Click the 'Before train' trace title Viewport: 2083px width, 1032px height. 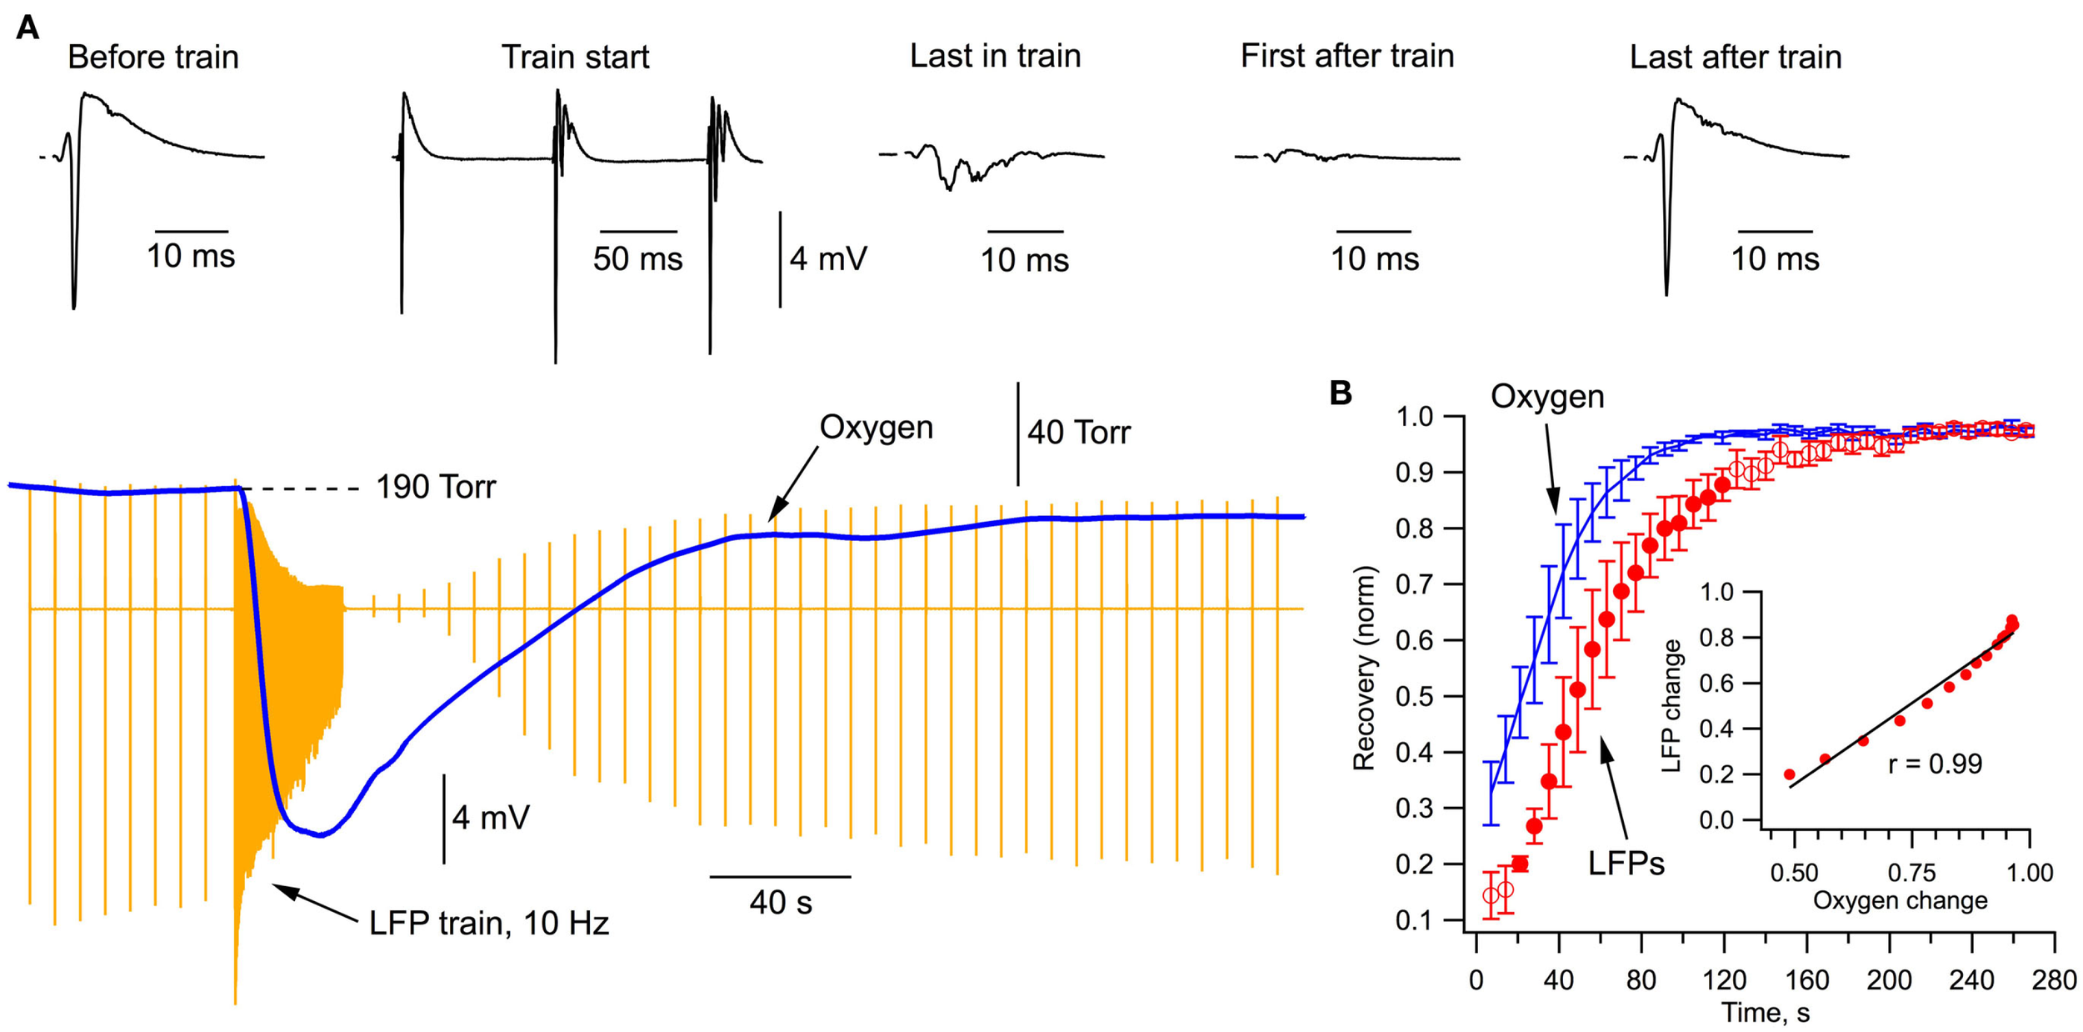point(153,58)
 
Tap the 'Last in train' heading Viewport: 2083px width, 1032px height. point(995,57)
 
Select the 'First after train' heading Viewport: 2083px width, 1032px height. point(1346,57)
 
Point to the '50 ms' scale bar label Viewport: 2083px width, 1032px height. point(637,259)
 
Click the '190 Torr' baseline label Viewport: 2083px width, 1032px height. point(435,488)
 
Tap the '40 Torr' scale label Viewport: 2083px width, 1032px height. point(1078,433)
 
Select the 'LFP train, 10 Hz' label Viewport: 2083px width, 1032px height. point(489,924)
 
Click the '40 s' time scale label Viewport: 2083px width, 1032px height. point(780,903)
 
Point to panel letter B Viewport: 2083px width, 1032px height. point(1341,393)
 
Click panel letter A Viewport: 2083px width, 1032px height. point(27,28)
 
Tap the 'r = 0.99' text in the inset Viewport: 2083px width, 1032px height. point(1935,764)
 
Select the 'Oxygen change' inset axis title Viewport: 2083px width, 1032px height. point(1900,901)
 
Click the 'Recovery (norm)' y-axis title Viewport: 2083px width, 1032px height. point(1363,668)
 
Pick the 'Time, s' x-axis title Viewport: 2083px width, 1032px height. point(1765,1013)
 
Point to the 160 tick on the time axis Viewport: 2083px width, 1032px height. point(1806,979)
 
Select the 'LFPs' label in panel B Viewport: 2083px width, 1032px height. point(1626,864)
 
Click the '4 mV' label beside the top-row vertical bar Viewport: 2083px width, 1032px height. point(828,259)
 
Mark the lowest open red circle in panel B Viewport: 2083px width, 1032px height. point(1491,896)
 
